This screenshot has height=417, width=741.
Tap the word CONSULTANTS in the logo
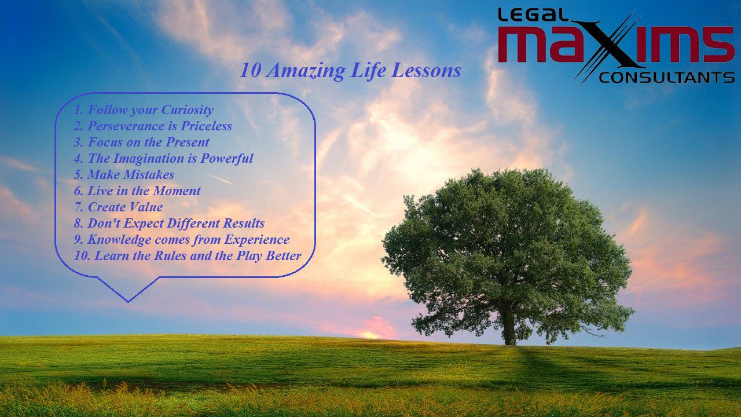click(x=667, y=78)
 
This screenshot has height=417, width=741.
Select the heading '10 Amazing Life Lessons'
click(x=350, y=71)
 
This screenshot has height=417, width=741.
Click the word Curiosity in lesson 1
click(x=188, y=110)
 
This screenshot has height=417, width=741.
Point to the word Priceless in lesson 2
click(x=206, y=126)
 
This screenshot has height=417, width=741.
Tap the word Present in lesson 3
click(x=187, y=142)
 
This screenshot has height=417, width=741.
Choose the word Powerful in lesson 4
click(x=227, y=159)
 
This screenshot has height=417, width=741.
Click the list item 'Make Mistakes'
click(x=124, y=175)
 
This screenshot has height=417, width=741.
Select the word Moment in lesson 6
click(x=177, y=191)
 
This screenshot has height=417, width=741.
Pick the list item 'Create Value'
click(x=119, y=207)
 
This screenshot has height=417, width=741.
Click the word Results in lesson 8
click(x=244, y=224)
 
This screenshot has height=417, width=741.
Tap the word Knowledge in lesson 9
click(x=119, y=240)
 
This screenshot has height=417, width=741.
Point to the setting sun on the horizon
click(x=370, y=335)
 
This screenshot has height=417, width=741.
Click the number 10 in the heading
click(x=250, y=71)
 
